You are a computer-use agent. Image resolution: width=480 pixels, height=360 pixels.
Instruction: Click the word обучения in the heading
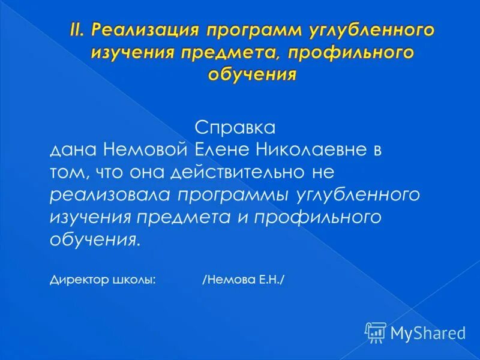tap(252, 74)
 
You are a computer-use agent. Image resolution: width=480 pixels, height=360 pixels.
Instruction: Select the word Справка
tap(235, 128)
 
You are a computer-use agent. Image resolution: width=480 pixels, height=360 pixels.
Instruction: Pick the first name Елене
tap(226, 150)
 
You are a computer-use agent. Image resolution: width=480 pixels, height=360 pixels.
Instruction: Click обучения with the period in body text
tap(97, 239)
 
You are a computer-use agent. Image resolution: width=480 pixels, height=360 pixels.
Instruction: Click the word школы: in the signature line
tap(134, 280)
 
